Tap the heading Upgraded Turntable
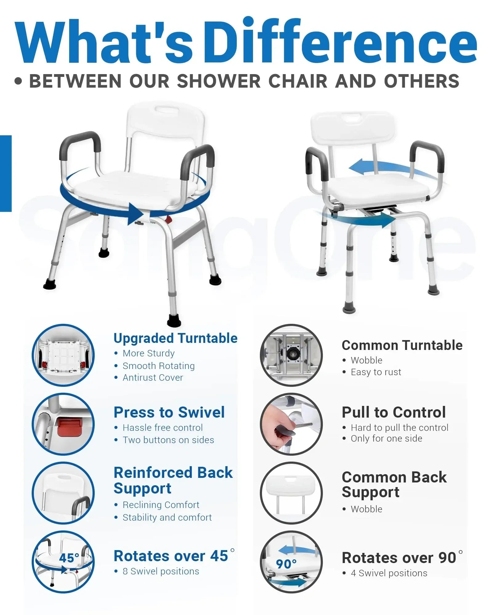point(175,338)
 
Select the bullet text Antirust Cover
point(153,378)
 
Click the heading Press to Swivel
point(169,412)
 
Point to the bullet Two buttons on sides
point(168,440)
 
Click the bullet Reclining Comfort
point(161,505)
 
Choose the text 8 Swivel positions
point(161,571)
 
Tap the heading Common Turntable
point(402,345)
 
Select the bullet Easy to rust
point(376,372)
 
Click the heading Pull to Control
point(394,412)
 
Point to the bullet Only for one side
point(387,438)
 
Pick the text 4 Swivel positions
point(389,573)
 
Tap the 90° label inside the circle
point(286,564)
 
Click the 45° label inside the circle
point(69,558)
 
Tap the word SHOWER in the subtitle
point(219,81)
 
